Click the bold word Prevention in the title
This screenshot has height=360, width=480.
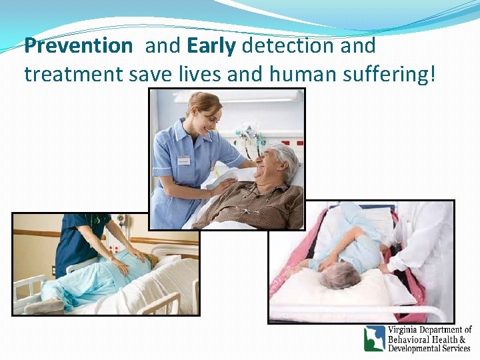tap(78, 46)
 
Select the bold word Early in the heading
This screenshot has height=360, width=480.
tap(212, 46)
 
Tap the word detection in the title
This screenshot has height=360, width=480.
tap(287, 46)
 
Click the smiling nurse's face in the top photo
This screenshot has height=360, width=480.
tap(207, 113)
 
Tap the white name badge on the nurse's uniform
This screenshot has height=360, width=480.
tap(183, 160)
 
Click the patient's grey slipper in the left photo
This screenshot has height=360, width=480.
tap(45, 306)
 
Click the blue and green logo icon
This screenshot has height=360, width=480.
tap(374, 338)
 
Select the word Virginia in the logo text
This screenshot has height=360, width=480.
tap(405, 330)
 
